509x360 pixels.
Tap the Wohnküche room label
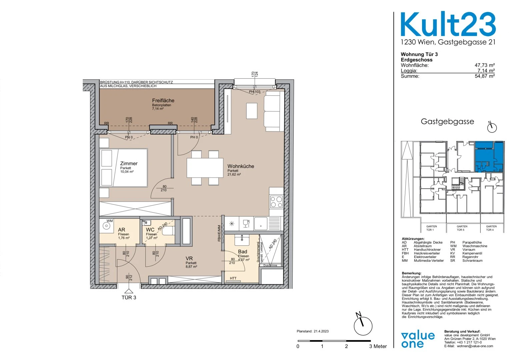(241, 166)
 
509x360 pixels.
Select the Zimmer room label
(129, 163)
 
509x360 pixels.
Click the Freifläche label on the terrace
(163, 101)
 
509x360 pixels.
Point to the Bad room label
(243, 252)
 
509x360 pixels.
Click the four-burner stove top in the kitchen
(276, 201)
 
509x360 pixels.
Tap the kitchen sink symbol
(260, 223)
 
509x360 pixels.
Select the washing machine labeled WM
(107, 226)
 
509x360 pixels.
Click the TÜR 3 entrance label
(129, 298)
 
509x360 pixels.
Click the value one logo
(418, 340)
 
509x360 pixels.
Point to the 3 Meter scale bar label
(378, 346)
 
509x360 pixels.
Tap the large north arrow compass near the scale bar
(363, 325)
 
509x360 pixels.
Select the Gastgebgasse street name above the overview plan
(447, 122)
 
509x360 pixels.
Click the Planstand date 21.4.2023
(312, 331)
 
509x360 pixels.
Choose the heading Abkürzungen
(413, 239)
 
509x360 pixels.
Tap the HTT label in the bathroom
(233, 278)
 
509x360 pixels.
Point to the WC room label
(150, 230)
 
